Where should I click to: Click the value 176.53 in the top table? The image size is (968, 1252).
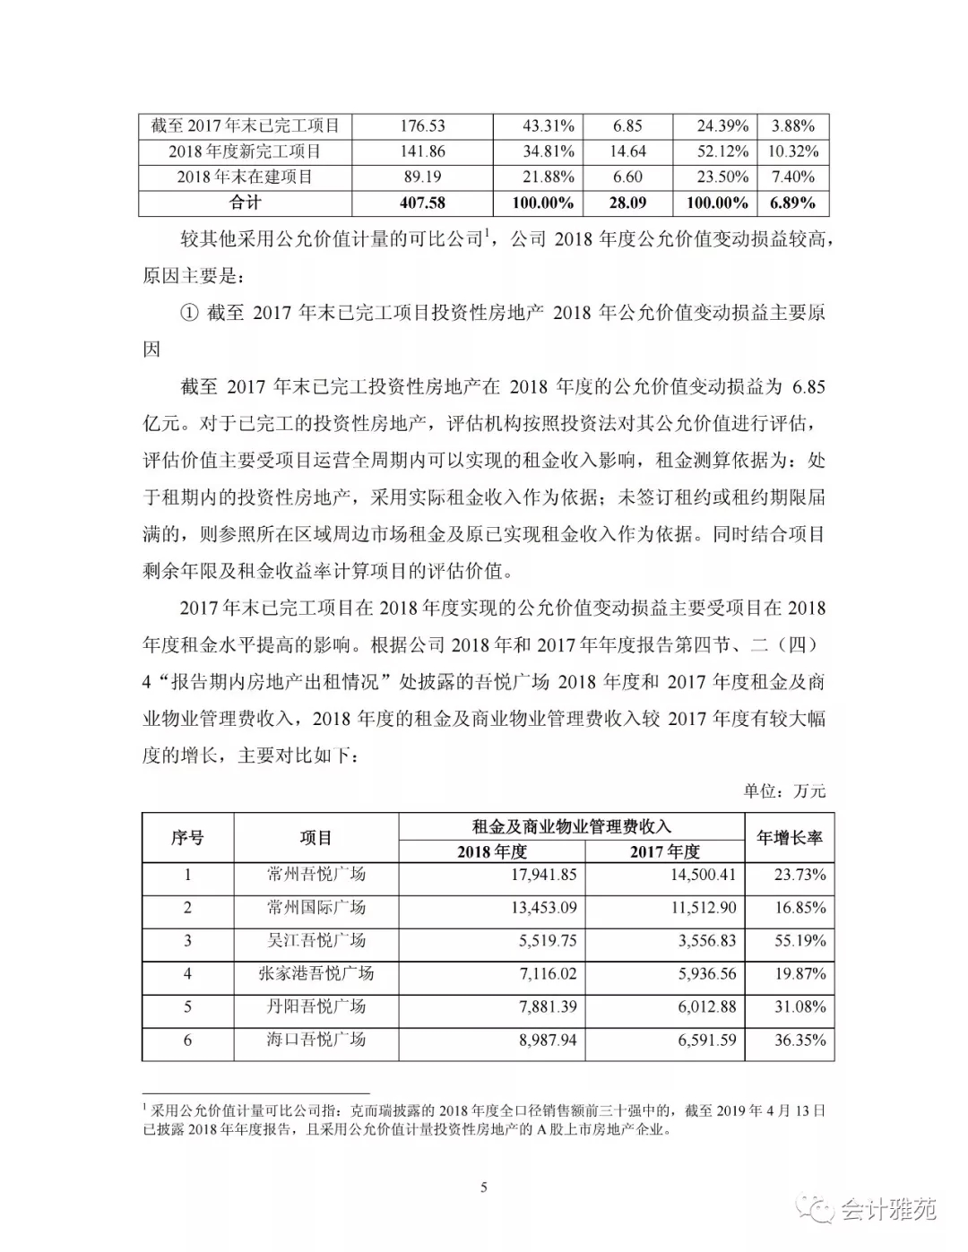click(x=422, y=126)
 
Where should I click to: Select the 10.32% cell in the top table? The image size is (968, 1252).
click(x=793, y=151)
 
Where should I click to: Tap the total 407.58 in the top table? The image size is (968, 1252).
click(x=422, y=203)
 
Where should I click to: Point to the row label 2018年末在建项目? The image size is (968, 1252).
click(x=245, y=177)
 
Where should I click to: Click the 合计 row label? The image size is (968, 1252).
click(x=245, y=203)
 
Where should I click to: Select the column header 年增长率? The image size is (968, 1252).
click(x=789, y=838)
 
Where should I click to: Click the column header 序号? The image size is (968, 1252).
click(x=187, y=838)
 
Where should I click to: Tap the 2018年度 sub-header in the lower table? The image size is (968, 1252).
click(x=492, y=851)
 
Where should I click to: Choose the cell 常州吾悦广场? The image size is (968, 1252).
click(x=316, y=875)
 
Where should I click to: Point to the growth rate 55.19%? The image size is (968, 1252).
click(x=799, y=941)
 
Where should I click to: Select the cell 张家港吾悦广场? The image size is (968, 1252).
click(x=316, y=974)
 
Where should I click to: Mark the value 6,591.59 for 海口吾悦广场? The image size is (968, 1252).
click(x=702, y=1040)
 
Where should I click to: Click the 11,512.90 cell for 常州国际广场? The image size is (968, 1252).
click(x=702, y=908)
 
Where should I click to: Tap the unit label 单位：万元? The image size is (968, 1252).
click(x=784, y=790)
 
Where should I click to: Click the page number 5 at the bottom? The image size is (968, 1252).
click(x=484, y=1187)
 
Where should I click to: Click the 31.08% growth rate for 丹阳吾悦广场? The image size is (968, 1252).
click(x=799, y=1007)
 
